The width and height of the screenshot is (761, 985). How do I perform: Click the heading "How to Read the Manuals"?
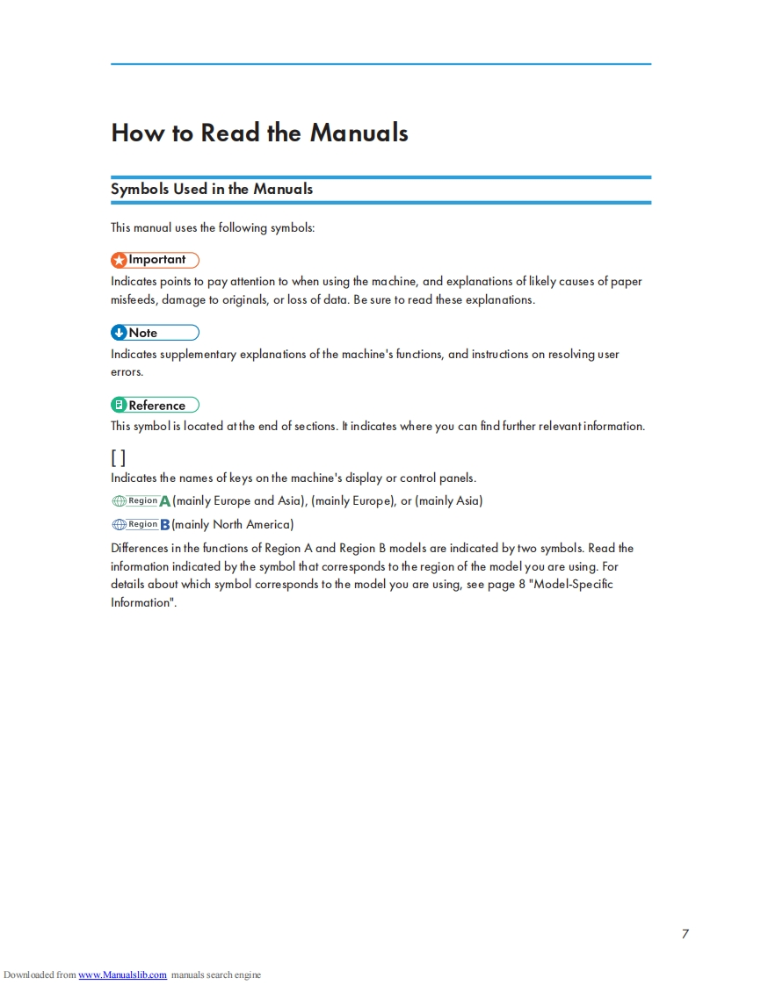pyautogui.click(x=259, y=133)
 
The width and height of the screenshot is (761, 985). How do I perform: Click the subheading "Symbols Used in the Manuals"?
pyautogui.click(x=211, y=189)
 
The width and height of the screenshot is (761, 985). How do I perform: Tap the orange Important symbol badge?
pyautogui.click(x=155, y=260)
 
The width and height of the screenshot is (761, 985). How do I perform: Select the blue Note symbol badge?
pyautogui.click(x=155, y=333)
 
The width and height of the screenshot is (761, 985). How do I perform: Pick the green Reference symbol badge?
pyautogui.click(x=155, y=406)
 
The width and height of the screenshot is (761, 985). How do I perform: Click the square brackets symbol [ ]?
pyautogui.click(x=118, y=457)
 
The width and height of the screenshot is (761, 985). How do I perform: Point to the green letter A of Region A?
pyautogui.click(x=165, y=501)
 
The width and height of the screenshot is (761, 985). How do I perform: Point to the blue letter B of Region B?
pyautogui.click(x=165, y=525)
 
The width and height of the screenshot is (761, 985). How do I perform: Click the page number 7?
pyautogui.click(x=685, y=933)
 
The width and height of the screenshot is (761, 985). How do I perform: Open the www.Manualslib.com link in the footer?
pyautogui.click(x=122, y=974)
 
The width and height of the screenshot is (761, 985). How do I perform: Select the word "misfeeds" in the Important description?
pyautogui.click(x=133, y=300)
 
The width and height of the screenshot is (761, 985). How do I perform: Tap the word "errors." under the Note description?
pyautogui.click(x=127, y=372)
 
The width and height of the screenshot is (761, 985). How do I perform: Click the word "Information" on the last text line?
pyautogui.click(x=141, y=602)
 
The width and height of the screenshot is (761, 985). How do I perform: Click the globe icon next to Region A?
pyautogui.click(x=120, y=501)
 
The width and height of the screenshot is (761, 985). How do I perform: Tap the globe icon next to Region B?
pyautogui.click(x=120, y=525)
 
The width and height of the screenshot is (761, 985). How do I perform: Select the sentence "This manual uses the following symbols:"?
pyautogui.click(x=213, y=228)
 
